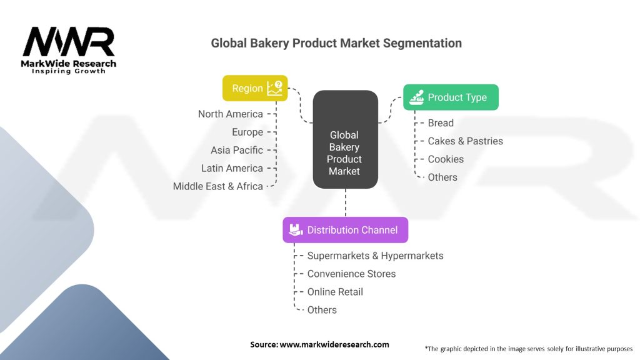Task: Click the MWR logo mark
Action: coord(69,42)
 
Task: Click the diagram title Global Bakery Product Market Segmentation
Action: coord(336,43)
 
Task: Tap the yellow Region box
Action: coord(255,88)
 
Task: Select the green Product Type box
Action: coord(451,97)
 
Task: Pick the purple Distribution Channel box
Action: coord(345,230)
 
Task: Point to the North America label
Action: coord(230,114)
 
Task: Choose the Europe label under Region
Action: coord(247,132)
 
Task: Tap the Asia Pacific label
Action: coord(237,150)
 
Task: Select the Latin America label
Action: coord(232,168)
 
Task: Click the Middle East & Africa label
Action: coord(217,186)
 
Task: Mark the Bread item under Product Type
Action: coord(441,123)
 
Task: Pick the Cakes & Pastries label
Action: coord(465,141)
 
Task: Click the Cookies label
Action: coord(446,159)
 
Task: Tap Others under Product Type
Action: coord(442,177)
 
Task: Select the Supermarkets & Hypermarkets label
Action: coord(375,256)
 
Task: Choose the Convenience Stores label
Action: coord(351,274)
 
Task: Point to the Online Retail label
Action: coord(335,292)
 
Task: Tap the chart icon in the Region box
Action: coord(274,88)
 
